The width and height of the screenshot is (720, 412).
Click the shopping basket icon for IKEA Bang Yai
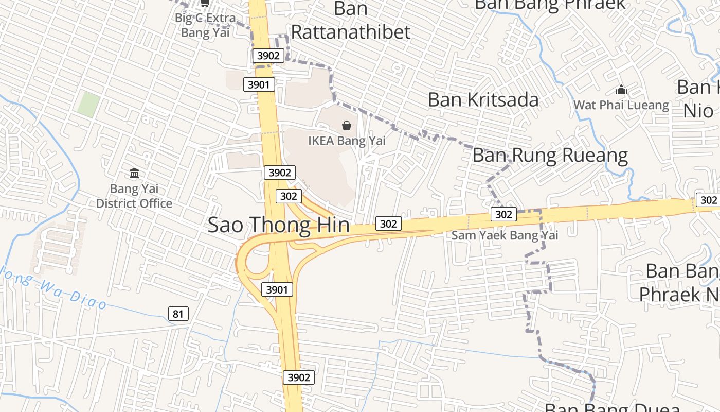(x=347, y=125)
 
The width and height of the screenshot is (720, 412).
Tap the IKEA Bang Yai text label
(x=347, y=140)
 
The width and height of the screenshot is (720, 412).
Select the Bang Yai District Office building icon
(x=134, y=173)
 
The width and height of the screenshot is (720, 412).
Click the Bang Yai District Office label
(x=134, y=196)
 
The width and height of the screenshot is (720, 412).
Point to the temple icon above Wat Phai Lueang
(x=621, y=90)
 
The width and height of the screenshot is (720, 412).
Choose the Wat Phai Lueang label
(x=621, y=106)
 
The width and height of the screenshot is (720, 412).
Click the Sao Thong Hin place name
(x=278, y=226)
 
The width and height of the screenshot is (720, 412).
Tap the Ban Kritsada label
(x=483, y=100)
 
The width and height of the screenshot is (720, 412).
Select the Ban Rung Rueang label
(x=550, y=155)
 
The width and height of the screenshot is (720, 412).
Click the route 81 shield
(x=178, y=313)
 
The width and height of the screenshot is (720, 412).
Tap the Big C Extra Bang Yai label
(x=205, y=25)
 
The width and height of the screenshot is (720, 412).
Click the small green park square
(x=88, y=105)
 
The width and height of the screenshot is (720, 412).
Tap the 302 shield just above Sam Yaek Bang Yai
(x=503, y=214)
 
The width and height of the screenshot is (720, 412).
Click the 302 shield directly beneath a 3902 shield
(x=289, y=196)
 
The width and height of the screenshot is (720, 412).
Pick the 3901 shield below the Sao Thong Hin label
(x=277, y=289)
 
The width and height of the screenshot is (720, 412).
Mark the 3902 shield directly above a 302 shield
(x=280, y=173)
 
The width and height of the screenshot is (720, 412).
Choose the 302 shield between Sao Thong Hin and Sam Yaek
(x=388, y=224)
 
